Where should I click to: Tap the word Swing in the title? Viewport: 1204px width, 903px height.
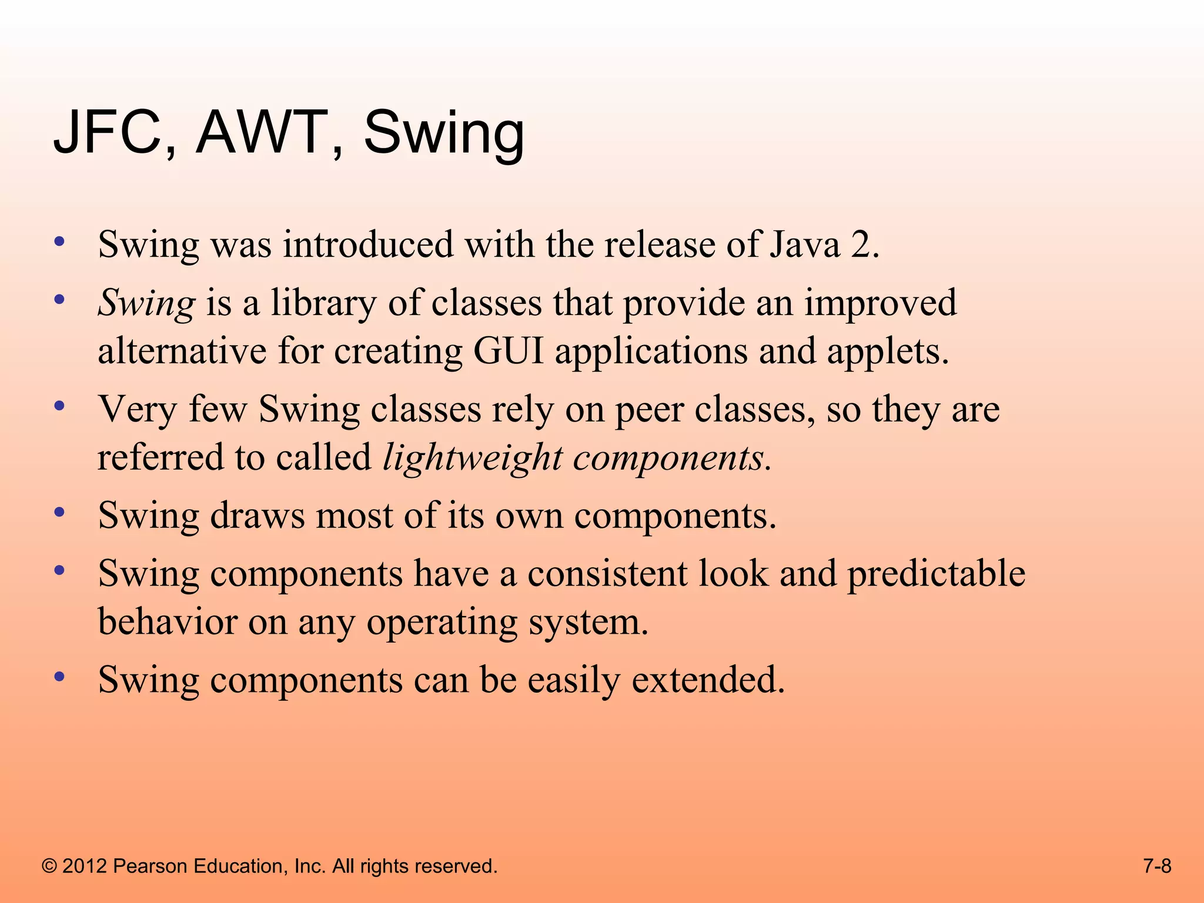pos(443,134)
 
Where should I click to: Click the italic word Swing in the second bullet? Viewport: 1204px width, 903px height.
pos(146,304)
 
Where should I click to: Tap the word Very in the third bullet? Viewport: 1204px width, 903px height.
pos(137,410)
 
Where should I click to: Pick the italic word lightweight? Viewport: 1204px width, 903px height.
pos(472,458)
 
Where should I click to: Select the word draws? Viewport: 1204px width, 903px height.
pos(257,516)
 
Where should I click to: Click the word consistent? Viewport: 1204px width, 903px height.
pos(607,574)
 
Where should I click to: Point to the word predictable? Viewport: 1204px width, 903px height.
pos(936,574)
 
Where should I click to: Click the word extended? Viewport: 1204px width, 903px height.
pos(708,680)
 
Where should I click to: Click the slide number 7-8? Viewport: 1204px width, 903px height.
pos(1157,866)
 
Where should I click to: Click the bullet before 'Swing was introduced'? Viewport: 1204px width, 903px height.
pos(59,242)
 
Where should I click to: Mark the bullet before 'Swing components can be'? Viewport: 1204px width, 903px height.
pos(59,677)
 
